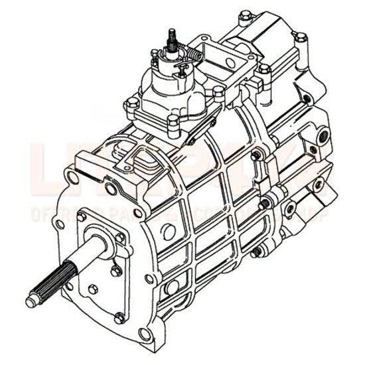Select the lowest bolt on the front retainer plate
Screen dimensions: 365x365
(x=119, y=317)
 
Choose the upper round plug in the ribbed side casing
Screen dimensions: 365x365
(x=169, y=232)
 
